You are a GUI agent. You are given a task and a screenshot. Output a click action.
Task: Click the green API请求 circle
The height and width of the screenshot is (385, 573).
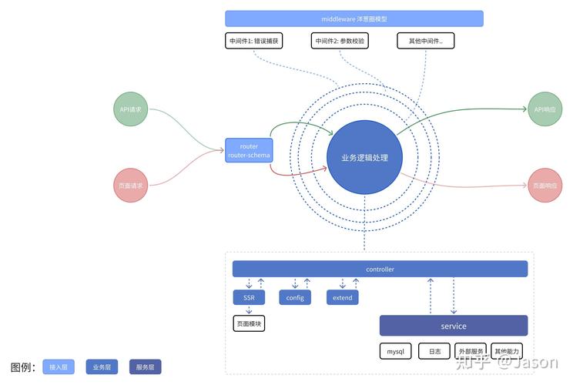130,109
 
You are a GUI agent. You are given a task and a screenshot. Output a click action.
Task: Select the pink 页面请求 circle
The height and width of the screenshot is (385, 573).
130,185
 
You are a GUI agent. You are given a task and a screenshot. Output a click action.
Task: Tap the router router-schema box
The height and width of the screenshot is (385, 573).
249,151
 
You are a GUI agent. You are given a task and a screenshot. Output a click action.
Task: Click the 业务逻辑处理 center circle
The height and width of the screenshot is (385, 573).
364,158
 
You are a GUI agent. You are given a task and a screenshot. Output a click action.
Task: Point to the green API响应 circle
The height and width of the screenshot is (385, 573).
545,109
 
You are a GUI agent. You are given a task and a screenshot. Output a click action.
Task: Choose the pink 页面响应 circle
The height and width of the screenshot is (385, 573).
545,186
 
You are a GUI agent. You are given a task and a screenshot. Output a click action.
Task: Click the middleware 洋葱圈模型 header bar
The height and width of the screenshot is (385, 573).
354,18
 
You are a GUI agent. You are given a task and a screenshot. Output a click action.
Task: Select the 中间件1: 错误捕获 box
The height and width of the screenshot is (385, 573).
253,41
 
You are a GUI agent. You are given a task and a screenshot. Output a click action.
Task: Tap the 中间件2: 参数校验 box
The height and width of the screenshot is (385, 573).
340,41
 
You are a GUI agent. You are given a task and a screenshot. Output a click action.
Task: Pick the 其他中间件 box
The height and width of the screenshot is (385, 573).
426,41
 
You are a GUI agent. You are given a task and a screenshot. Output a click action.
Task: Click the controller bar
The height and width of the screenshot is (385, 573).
380,269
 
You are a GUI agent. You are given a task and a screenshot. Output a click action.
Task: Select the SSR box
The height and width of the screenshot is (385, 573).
249,297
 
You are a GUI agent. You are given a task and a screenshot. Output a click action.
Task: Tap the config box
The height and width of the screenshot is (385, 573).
295,297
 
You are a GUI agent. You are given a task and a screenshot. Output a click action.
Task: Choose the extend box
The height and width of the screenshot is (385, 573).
342,297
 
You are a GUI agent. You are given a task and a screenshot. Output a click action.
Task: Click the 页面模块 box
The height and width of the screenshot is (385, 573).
249,324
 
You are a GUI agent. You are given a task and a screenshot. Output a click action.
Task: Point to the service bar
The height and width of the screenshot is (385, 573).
454,326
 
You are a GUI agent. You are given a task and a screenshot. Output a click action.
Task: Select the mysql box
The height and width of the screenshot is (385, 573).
396,351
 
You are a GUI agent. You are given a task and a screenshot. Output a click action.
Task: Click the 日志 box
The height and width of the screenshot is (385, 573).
434,351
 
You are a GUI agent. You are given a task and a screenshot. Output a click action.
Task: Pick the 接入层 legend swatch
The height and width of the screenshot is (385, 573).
59,367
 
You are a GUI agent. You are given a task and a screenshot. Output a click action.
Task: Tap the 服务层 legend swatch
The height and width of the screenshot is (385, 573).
146,367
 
